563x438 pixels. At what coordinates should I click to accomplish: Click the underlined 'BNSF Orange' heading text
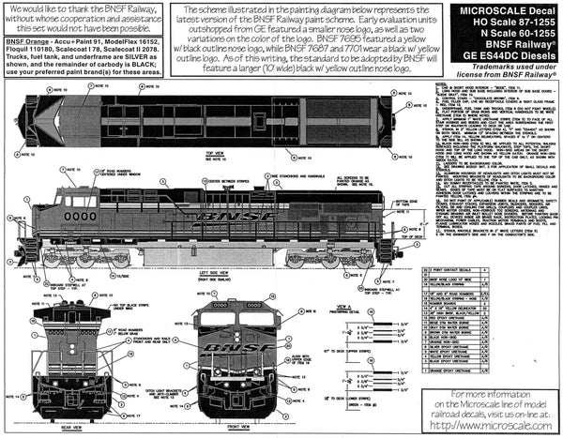coord(29,42)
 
